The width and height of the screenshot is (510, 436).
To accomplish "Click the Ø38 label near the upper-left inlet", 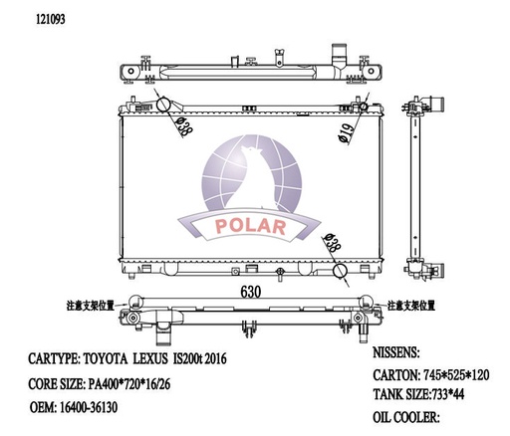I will pyautogui.click(x=183, y=124).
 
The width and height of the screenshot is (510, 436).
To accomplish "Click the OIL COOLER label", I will pyautogui.click(x=405, y=418).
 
